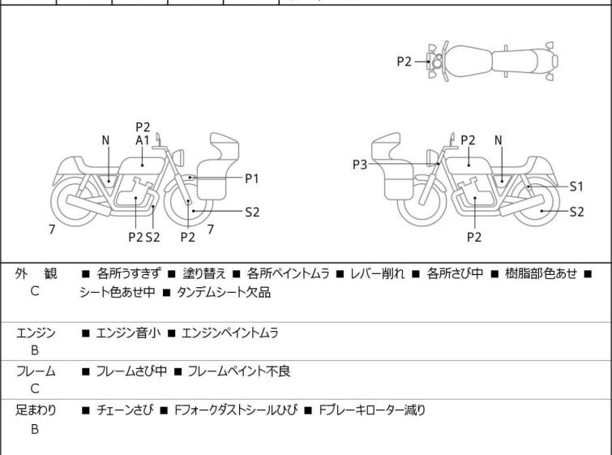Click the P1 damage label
(252, 177)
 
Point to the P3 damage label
(360, 164)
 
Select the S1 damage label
(576, 186)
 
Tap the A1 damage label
(143, 140)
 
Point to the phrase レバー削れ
(378, 274)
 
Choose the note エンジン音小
(131, 332)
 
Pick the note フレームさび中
(131, 371)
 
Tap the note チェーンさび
(126, 410)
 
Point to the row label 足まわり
(36, 410)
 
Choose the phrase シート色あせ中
(113, 293)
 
